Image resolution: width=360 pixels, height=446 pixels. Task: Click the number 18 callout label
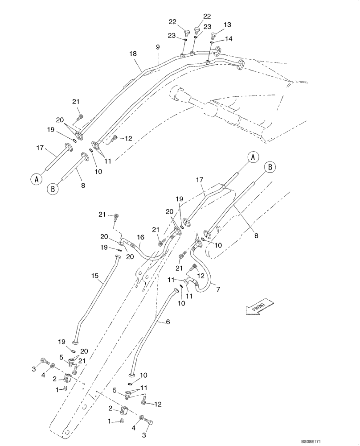(133, 54)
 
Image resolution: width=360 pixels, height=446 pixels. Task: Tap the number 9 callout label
(157, 46)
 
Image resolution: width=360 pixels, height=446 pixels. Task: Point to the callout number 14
(228, 39)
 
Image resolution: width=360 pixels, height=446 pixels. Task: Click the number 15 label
(94, 276)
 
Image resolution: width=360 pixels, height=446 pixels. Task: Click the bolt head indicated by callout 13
(213, 35)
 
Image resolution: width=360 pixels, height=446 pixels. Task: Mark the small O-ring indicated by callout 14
(212, 43)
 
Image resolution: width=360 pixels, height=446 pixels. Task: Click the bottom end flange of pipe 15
(75, 342)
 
